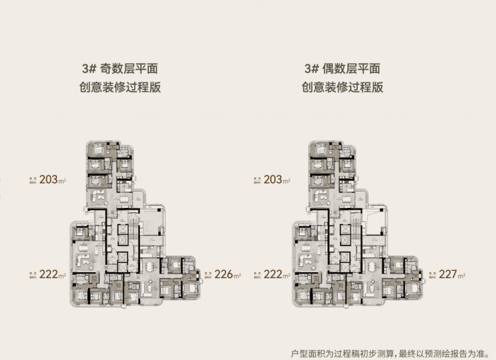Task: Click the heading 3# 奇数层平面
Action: coord(121,68)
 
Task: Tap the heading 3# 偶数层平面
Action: coord(343,68)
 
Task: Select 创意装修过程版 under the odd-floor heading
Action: coord(121,87)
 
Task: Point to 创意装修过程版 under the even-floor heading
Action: coord(343,87)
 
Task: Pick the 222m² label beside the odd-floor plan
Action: coord(51,275)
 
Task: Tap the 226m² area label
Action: coord(227,274)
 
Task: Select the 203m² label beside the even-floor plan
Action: coord(273,180)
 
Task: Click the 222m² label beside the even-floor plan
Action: coord(273,275)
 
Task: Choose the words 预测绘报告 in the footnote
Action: coord(440,353)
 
